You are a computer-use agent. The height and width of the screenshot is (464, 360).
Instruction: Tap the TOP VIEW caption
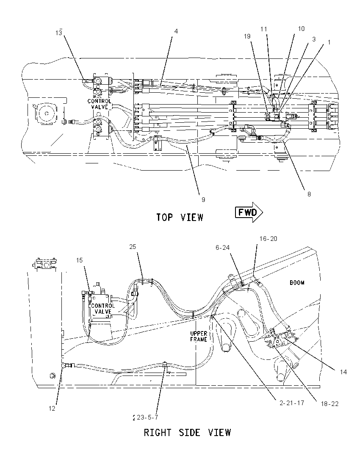[180, 218]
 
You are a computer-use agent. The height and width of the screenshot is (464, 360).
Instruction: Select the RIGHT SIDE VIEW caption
[187, 433]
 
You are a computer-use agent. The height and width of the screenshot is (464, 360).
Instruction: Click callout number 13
[58, 33]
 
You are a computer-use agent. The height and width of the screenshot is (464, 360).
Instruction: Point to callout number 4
[176, 31]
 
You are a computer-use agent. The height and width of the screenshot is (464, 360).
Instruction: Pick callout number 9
[203, 200]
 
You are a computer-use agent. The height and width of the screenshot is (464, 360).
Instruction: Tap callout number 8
[309, 194]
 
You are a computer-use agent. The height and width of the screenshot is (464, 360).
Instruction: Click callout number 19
[247, 36]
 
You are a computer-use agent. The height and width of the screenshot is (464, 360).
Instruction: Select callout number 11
[264, 29]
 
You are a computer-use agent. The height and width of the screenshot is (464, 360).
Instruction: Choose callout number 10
[301, 29]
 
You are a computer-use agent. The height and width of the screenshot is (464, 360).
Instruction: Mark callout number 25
[133, 247]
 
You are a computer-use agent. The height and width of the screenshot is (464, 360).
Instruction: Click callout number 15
[79, 260]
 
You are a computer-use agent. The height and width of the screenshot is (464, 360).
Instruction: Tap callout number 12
[52, 409]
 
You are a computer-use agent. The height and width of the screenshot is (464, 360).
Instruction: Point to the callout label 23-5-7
[147, 417]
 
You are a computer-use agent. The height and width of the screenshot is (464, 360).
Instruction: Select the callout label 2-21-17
[292, 403]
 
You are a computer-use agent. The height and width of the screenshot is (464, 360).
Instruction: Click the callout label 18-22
[330, 403]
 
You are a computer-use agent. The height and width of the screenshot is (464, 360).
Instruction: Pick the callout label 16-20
[269, 239]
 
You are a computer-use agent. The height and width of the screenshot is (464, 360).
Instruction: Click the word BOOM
[297, 283]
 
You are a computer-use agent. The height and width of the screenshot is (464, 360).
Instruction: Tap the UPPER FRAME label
[199, 337]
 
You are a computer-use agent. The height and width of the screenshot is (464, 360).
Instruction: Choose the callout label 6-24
[223, 248]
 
